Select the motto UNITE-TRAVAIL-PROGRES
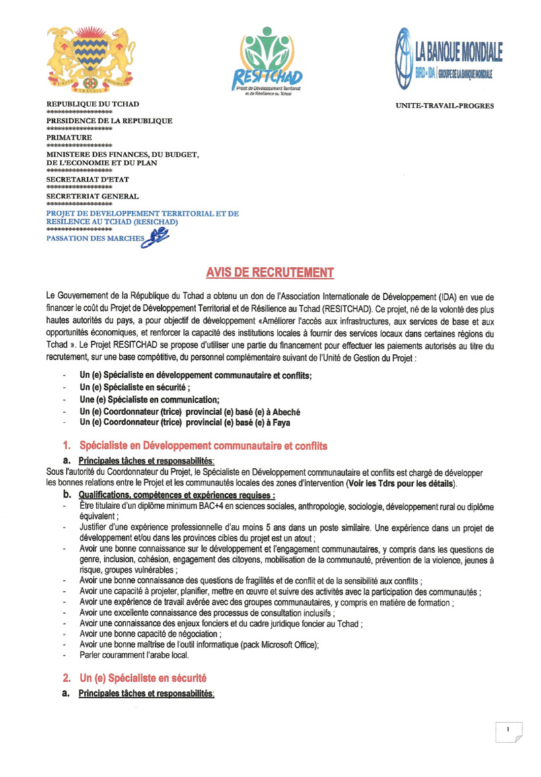[445, 106]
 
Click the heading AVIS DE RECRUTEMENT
[270, 273]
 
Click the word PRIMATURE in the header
[69, 137]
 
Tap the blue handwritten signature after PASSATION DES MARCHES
[157, 236]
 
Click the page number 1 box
[509, 730]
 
